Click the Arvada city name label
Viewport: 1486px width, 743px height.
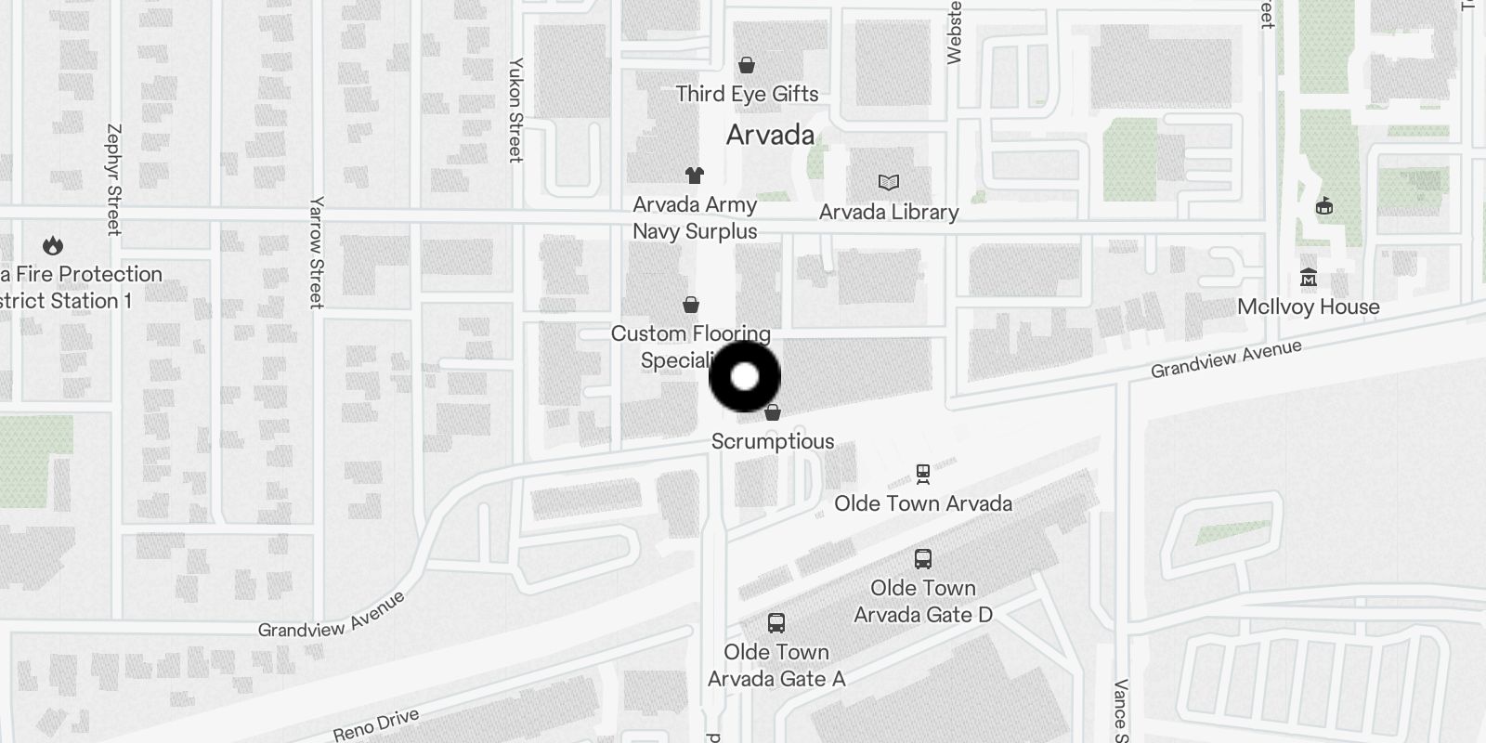point(770,136)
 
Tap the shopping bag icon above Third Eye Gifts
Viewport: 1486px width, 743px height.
point(746,65)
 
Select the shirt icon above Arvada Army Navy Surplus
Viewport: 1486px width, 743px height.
point(694,175)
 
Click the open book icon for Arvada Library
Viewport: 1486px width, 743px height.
point(889,183)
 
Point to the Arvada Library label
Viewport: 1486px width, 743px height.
point(889,212)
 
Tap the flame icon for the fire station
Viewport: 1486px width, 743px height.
point(53,246)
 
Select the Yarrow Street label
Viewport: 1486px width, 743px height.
point(317,252)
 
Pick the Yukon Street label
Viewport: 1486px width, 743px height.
point(516,110)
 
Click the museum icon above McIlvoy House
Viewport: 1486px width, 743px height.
point(1309,278)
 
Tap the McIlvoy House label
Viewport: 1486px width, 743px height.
point(1308,306)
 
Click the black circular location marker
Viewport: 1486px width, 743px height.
point(745,377)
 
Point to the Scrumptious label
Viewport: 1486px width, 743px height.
point(773,441)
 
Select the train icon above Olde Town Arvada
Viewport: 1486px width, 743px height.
point(922,475)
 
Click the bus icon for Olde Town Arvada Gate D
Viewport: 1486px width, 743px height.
point(922,559)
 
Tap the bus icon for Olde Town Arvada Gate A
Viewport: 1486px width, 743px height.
point(776,623)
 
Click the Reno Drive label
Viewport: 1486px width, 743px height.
point(376,724)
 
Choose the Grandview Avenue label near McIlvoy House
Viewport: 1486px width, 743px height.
point(1226,359)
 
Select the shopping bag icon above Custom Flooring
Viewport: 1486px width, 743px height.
point(691,305)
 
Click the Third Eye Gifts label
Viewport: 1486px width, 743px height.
point(747,94)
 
